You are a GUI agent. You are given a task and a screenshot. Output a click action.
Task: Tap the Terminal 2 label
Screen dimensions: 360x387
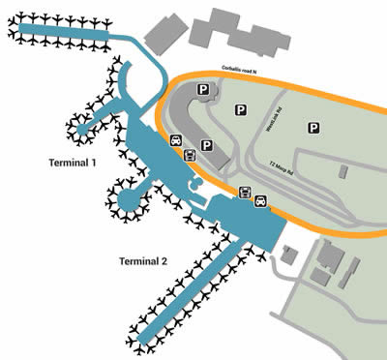point(143,261)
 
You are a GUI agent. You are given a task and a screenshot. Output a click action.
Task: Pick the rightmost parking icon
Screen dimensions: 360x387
point(313,127)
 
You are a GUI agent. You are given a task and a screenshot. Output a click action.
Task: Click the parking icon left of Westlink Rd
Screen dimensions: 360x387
point(239,110)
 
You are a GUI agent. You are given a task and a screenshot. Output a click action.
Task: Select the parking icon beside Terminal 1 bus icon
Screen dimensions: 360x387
point(205,146)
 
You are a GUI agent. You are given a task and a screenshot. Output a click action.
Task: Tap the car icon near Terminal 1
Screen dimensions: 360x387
point(176,140)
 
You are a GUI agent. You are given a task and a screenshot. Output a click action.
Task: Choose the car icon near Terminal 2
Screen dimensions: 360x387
point(260,202)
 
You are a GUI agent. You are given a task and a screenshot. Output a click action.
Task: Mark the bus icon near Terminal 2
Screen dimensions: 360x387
point(245,192)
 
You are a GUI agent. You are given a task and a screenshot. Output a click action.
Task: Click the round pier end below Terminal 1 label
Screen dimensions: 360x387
point(125,200)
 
